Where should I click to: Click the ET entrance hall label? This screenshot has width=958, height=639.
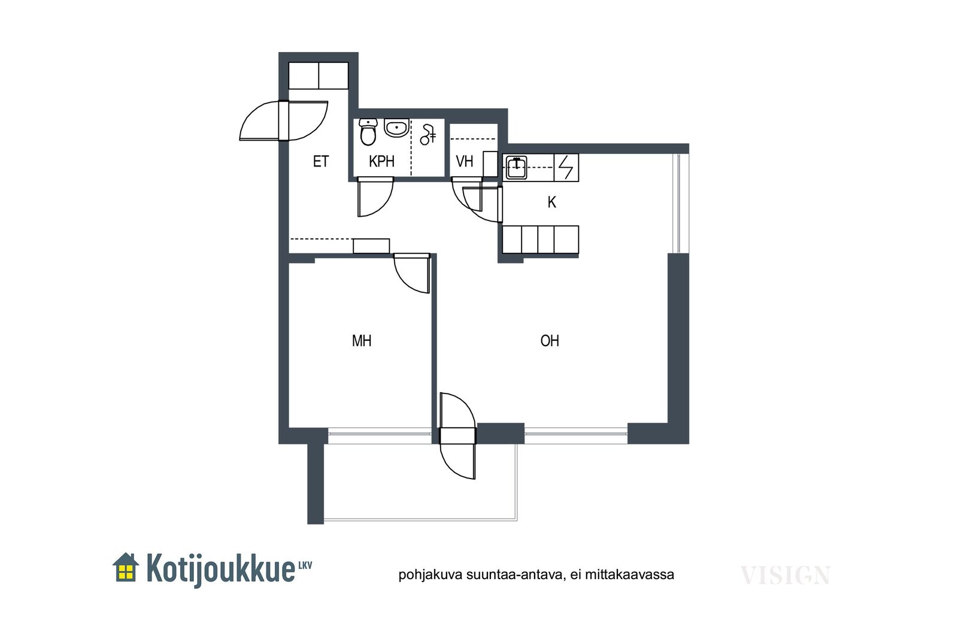321,162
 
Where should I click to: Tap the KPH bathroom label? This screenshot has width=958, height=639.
381,162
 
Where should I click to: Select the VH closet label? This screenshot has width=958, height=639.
465,162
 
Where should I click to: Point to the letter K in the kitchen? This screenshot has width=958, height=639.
551,202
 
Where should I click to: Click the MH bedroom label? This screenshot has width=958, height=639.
362,341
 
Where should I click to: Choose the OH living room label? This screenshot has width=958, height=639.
550,341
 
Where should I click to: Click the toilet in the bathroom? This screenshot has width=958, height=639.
368,132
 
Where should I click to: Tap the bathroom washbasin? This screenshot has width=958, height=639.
396,128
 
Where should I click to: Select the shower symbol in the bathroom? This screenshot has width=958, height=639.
428,135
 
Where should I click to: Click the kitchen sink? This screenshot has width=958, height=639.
516,168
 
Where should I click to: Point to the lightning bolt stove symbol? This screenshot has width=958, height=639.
566,168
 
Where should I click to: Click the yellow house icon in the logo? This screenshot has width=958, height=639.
126,567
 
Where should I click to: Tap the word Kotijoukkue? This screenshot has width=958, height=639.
221,570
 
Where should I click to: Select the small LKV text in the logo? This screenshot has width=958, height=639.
305,565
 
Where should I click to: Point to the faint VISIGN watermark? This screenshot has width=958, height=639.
785,576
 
